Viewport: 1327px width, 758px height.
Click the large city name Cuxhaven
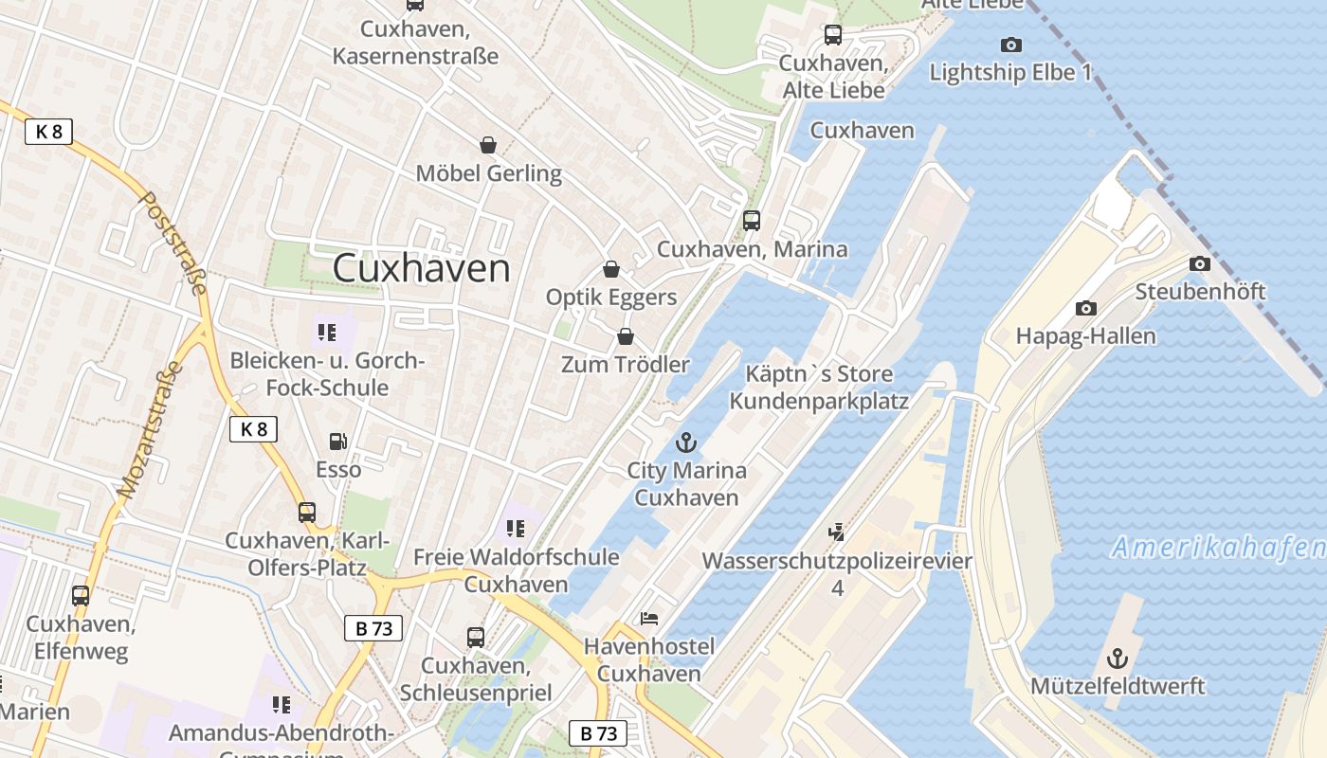click(x=421, y=268)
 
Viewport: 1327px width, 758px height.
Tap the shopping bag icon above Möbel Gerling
click(x=488, y=145)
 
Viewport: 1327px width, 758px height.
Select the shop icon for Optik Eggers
click(x=611, y=269)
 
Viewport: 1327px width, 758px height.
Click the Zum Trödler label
click(x=625, y=365)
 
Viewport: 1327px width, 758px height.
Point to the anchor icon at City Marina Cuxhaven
click(x=685, y=442)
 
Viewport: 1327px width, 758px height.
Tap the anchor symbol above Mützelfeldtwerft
click(x=1118, y=658)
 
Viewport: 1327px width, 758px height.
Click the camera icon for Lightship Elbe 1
click(x=1010, y=45)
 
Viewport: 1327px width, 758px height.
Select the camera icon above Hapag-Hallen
click(x=1085, y=308)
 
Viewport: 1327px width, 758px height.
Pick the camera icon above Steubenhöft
click(x=1200, y=263)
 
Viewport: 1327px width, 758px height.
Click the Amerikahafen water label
click(x=1219, y=548)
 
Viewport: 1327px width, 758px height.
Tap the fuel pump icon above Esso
click(x=337, y=442)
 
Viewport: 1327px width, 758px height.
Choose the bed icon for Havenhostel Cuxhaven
click(x=649, y=619)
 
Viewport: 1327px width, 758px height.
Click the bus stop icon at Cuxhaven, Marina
click(x=752, y=221)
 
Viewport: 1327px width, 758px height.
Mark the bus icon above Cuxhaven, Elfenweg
click(x=81, y=596)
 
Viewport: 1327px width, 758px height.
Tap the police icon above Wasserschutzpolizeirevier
click(x=836, y=532)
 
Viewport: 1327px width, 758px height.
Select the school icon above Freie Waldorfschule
click(x=516, y=528)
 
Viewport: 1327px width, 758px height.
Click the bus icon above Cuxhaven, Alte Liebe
click(x=832, y=35)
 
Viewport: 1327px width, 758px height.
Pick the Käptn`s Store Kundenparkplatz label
click(x=818, y=387)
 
